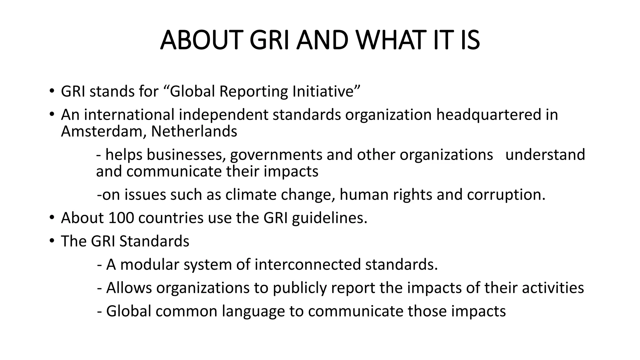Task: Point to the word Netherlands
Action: (x=194, y=131)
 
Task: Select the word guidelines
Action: (x=330, y=218)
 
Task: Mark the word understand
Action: (x=545, y=155)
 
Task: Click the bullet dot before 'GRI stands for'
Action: (x=52, y=92)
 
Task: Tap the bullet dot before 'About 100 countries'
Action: (x=52, y=218)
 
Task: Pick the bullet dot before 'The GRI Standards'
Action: (x=52, y=241)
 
